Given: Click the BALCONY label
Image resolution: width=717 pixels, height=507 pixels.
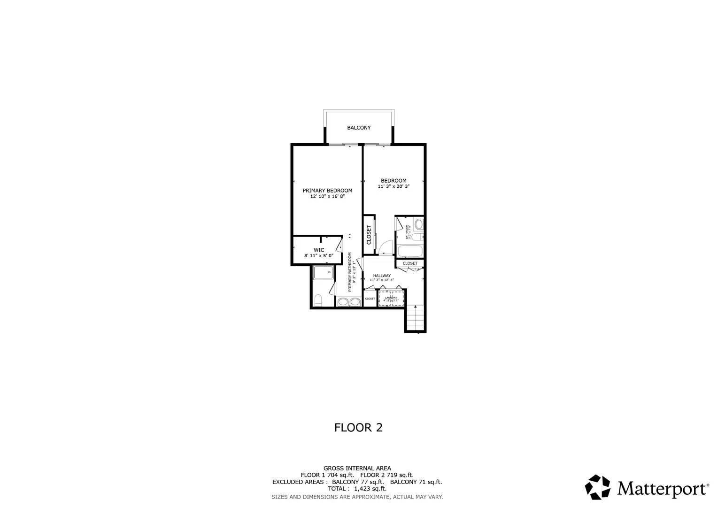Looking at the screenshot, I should [x=359, y=128].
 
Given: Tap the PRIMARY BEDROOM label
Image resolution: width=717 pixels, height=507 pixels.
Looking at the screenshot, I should [x=327, y=191].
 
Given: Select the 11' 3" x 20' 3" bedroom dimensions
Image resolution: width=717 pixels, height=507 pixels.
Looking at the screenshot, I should [x=393, y=186].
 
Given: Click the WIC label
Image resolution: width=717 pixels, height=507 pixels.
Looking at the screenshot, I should [x=319, y=250].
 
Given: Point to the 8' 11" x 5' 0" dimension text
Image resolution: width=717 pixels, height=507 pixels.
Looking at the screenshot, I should [x=319, y=256].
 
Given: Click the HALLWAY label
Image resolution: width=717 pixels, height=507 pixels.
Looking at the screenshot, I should [x=382, y=276].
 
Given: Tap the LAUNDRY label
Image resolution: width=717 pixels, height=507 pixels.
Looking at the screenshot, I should [x=391, y=297].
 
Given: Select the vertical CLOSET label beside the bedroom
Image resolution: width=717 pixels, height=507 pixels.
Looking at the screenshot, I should [x=369, y=235].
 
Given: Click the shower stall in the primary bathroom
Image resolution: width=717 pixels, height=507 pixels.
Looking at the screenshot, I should [x=323, y=272].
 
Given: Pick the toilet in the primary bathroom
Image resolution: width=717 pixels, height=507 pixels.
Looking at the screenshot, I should [x=318, y=300].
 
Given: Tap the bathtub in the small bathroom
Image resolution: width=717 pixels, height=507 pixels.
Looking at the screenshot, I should [x=410, y=250].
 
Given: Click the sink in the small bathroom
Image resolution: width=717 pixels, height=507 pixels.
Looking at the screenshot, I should [x=419, y=224].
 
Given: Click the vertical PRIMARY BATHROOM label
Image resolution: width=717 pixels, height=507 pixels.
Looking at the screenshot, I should [x=350, y=272].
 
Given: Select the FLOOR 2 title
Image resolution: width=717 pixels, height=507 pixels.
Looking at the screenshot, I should [x=358, y=428].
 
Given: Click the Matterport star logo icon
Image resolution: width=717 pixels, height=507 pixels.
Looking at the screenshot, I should [x=597, y=487].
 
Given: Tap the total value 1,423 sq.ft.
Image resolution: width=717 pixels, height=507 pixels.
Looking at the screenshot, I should [x=370, y=489].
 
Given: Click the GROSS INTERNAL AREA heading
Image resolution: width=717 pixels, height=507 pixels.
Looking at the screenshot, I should [x=357, y=468].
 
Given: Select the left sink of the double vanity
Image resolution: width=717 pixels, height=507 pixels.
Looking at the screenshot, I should [x=343, y=302].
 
